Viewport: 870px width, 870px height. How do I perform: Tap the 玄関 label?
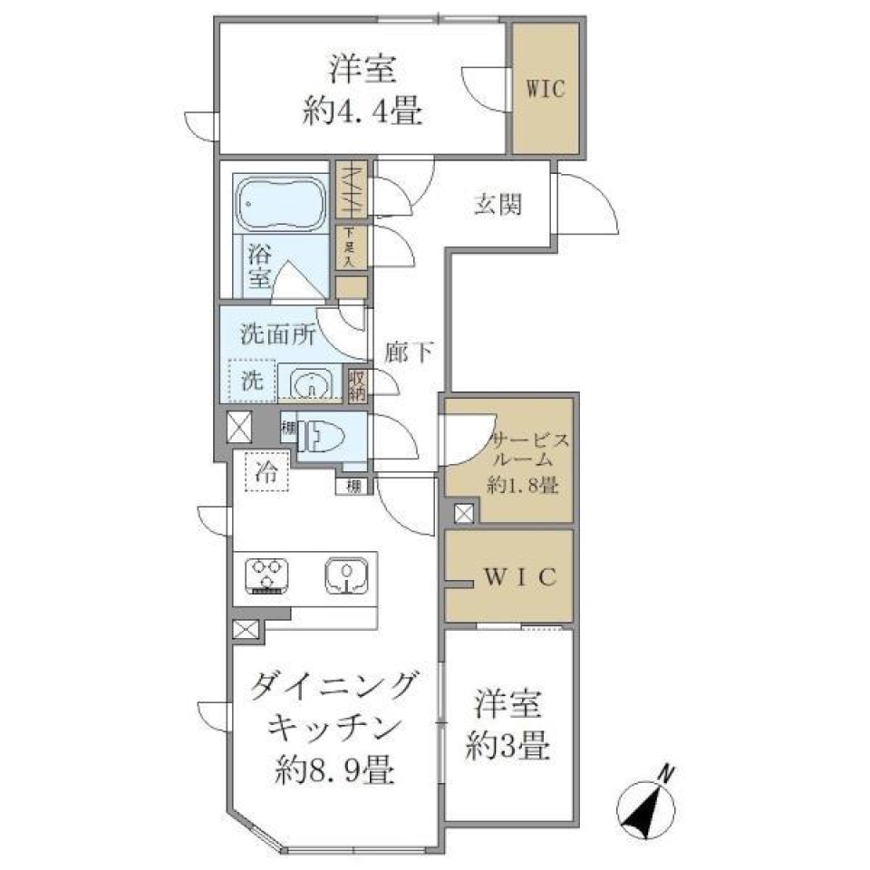(x=498, y=205)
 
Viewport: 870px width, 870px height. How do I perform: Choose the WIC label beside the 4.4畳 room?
(x=546, y=89)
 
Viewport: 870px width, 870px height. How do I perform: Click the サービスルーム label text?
(x=529, y=451)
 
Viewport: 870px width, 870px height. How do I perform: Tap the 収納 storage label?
(x=358, y=383)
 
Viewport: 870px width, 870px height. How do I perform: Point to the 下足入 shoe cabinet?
(x=351, y=247)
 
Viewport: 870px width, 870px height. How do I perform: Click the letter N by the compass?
(x=666, y=773)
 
